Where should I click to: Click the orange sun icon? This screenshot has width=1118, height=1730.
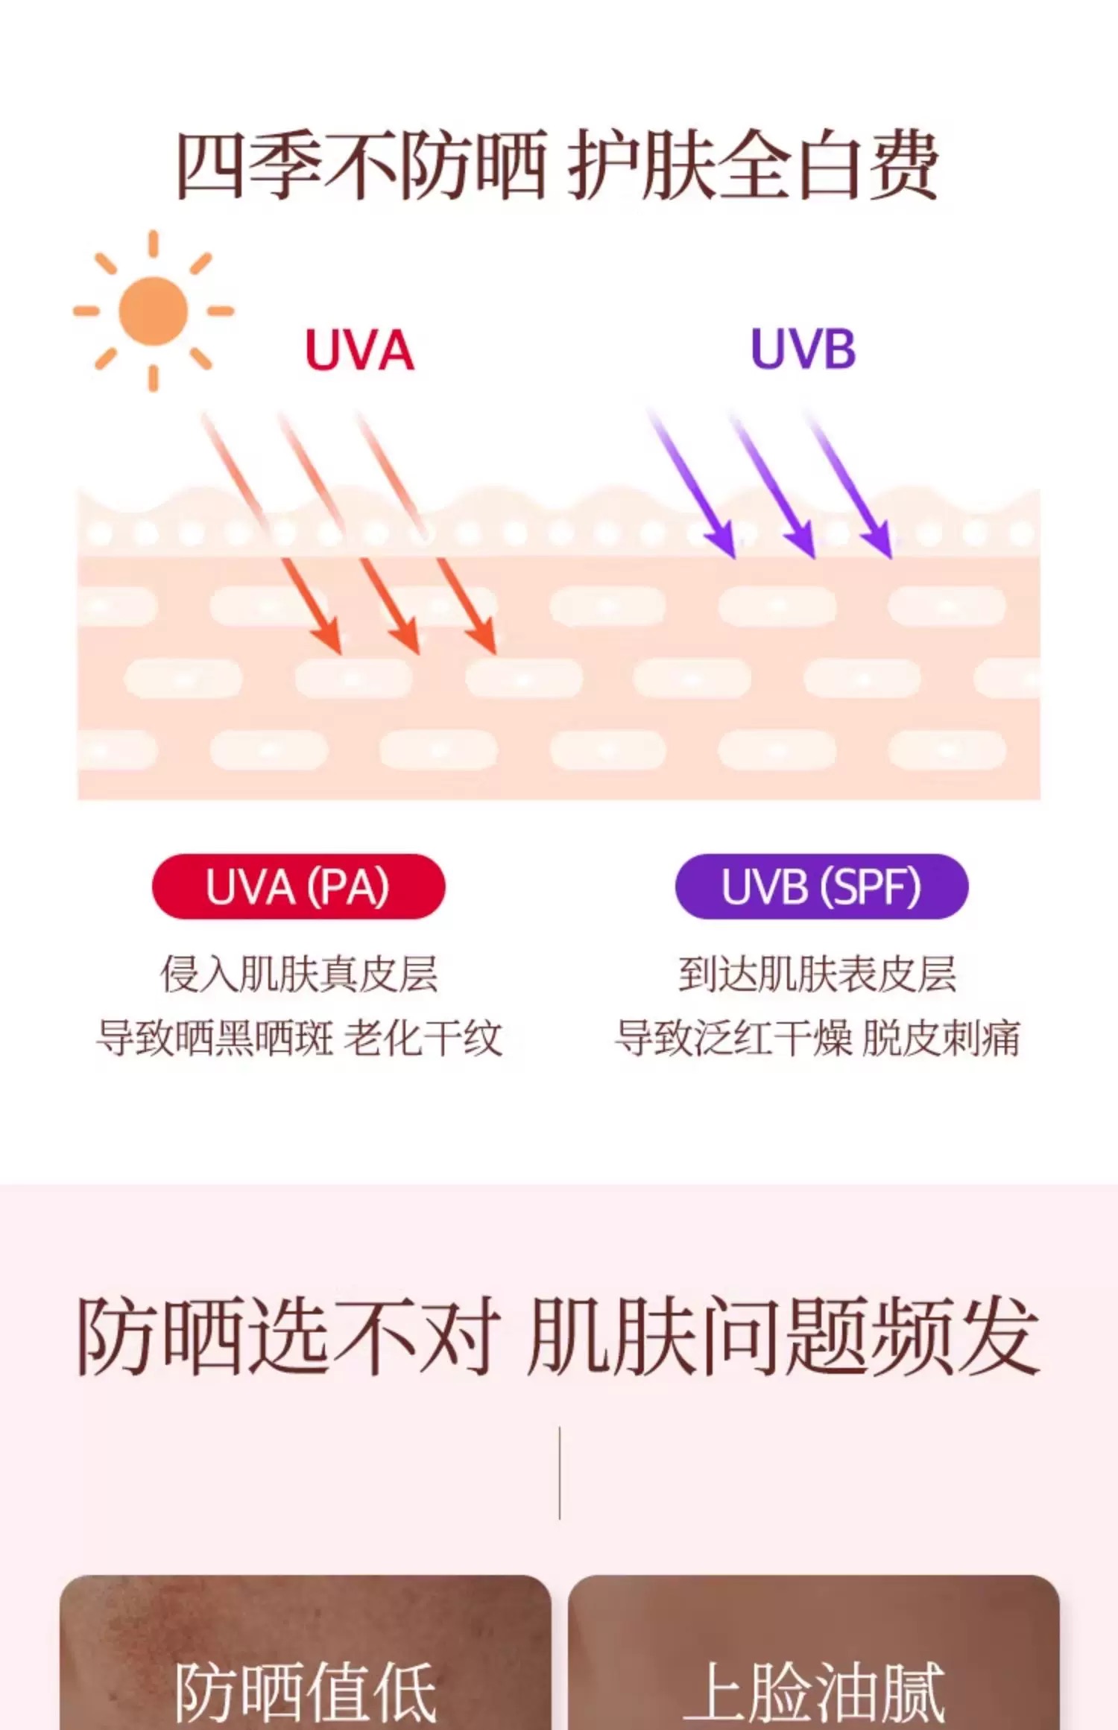point(154,311)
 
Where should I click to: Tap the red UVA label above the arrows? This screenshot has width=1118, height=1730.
point(359,350)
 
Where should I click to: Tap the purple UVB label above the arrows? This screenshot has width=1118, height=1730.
point(803,349)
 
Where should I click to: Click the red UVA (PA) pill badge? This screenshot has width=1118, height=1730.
point(298,887)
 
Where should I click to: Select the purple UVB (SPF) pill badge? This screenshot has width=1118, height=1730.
point(821,887)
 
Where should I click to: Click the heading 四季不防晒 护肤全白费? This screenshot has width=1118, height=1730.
point(557,165)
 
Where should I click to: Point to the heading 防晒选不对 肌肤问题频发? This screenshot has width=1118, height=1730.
point(558,1337)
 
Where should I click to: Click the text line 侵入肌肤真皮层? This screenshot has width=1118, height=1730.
point(299,975)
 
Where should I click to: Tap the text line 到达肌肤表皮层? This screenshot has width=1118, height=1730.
point(818,975)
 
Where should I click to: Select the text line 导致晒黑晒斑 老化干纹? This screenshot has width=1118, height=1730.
point(299,1038)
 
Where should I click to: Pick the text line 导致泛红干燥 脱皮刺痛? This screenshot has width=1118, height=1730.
point(818,1038)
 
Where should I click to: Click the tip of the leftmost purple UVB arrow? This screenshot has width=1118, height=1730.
point(733,556)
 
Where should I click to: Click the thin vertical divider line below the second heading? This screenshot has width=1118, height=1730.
point(559,1473)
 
